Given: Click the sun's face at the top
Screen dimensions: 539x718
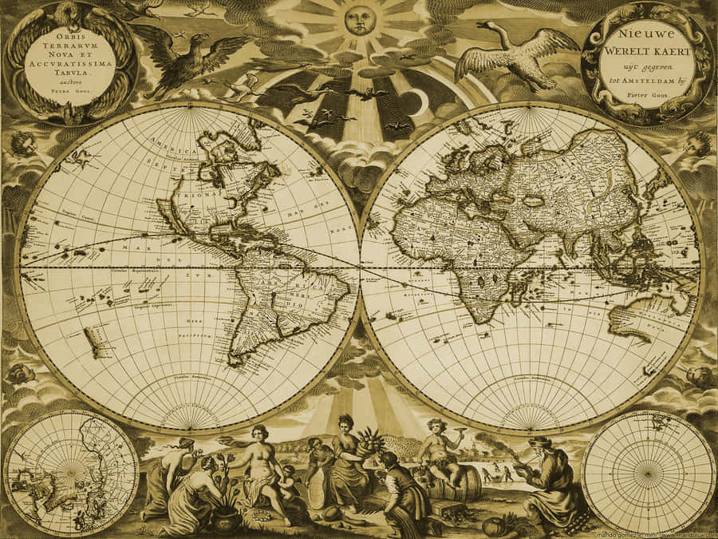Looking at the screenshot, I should (359, 19).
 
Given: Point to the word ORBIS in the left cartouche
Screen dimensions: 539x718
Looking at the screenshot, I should (69, 37).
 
